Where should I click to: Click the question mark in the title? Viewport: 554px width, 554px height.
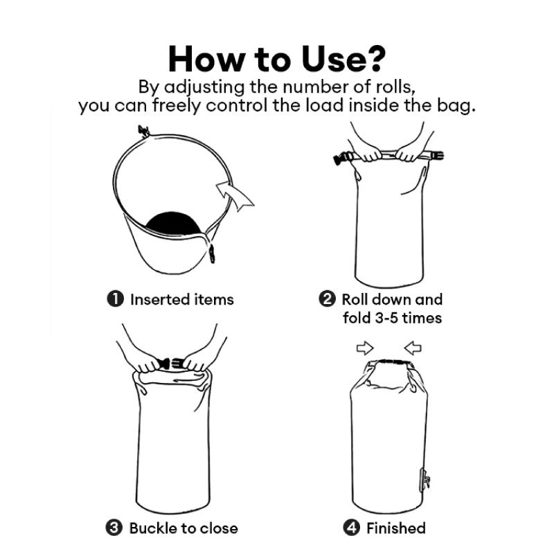tap(373, 58)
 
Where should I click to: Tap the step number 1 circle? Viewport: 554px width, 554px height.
tap(116, 299)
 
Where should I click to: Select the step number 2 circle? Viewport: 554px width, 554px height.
tap(327, 299)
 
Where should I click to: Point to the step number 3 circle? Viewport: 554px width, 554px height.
tap(114, 528)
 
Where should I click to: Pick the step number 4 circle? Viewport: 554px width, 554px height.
tap(352, 528)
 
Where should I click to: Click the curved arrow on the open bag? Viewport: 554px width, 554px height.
tap(233, 195)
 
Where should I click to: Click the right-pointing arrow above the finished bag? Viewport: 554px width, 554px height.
tap(365, 348)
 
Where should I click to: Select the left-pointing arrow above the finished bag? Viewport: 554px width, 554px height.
tap(413, 348)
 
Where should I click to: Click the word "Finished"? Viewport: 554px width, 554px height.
tap(396, 528)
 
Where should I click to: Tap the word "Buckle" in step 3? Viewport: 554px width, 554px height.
tap(153, 528)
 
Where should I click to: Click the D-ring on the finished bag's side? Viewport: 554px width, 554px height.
tap(425, 481)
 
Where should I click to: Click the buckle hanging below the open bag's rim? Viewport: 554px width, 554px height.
tap(212, 253)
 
